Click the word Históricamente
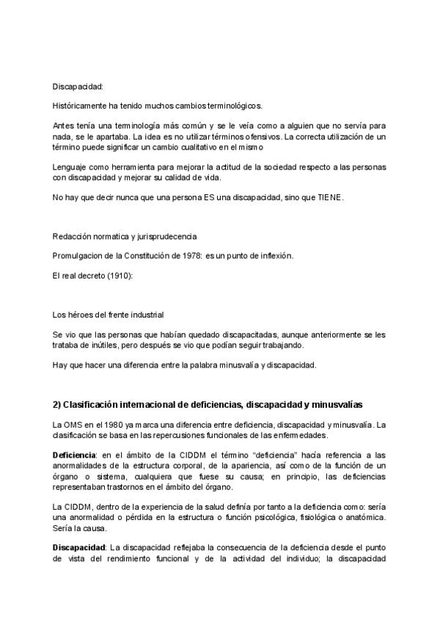(78, 106)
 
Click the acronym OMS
(73, 425)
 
